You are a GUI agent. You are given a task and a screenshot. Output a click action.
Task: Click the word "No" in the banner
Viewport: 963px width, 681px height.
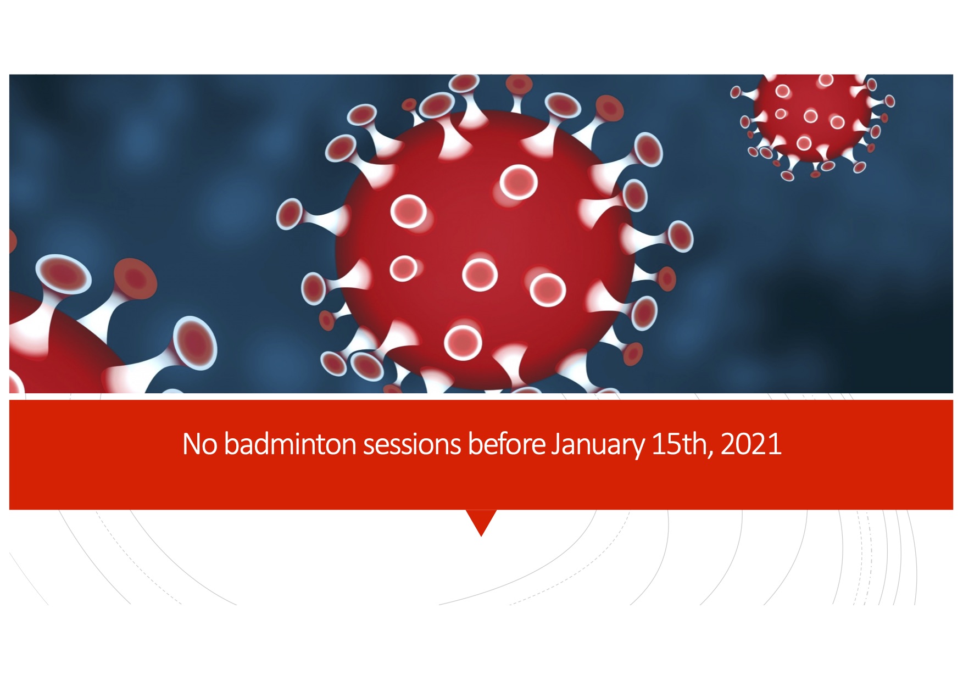tap(199, 444)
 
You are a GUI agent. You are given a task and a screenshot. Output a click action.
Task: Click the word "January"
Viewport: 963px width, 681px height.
tap(598, 446)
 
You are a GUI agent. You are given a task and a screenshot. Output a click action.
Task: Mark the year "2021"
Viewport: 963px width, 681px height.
tap(751, 444)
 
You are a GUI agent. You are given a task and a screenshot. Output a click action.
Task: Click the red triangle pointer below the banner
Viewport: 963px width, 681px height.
tap(481, 522)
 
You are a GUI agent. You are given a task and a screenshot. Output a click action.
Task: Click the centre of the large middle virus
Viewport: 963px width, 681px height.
tap(485, 250)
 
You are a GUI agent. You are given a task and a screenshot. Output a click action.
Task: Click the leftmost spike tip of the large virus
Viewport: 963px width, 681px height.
tap(289, 214)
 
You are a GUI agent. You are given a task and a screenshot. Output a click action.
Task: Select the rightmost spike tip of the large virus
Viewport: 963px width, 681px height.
tap(681, 236)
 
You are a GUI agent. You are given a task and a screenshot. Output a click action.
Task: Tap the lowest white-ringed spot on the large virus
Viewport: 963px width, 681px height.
tap(463, 343)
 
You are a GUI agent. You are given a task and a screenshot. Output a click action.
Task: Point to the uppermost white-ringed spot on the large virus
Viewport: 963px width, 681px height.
tap(519, 182)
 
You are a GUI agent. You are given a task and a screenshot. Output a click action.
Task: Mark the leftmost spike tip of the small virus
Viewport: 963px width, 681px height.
tap(736, 92)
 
